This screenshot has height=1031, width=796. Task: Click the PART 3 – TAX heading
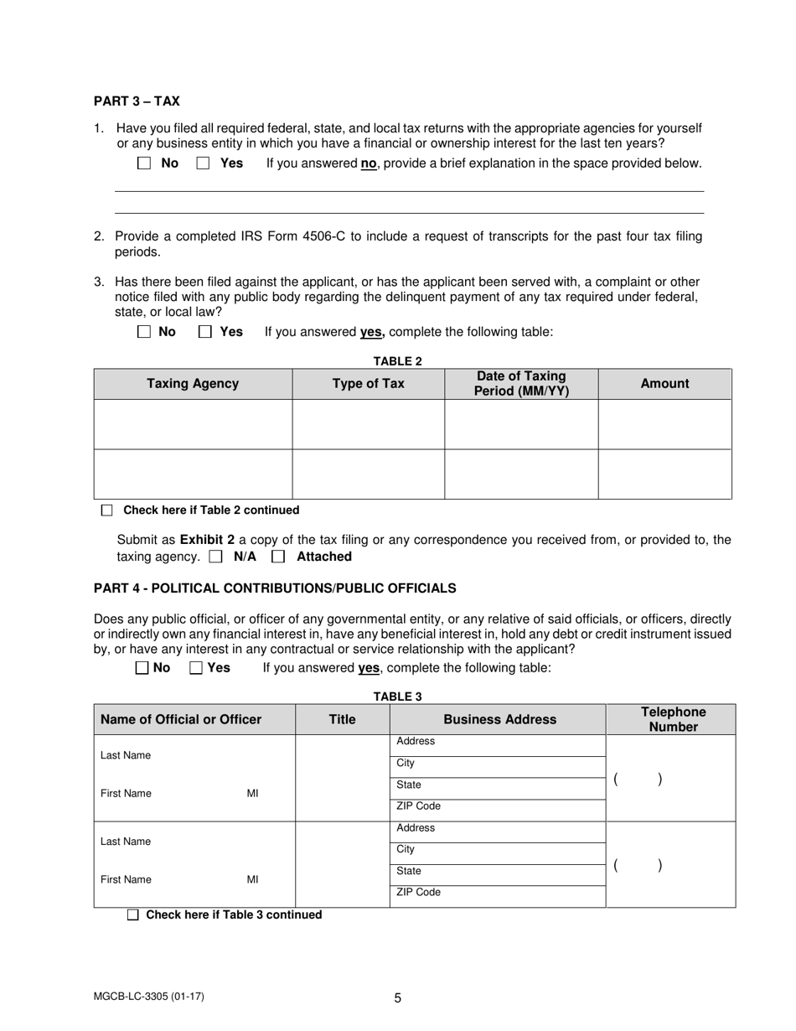(137, 101)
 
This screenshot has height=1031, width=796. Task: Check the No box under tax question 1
(144, 163)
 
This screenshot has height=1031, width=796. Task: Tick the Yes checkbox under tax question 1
(203, 163)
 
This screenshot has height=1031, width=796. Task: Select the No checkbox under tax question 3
(144, 332)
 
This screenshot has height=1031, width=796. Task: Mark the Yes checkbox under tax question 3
(204, 332)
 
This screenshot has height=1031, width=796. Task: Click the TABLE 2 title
(397, 361)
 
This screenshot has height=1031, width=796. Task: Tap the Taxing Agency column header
(193, 384)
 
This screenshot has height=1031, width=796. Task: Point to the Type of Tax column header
(368, 384)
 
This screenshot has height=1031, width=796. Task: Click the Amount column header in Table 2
(664, 384)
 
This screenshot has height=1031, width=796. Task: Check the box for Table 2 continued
(106, 510)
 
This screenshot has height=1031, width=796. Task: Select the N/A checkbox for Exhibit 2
(216, 557)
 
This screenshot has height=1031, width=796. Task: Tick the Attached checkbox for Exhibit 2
(279, 557)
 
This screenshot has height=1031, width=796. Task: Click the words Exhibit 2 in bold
(207, 541)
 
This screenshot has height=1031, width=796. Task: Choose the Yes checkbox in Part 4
(196, 668)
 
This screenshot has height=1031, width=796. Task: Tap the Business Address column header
(499, 719)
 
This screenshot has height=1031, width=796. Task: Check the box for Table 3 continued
(133, 915)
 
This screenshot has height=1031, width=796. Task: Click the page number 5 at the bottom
(398, 998)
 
